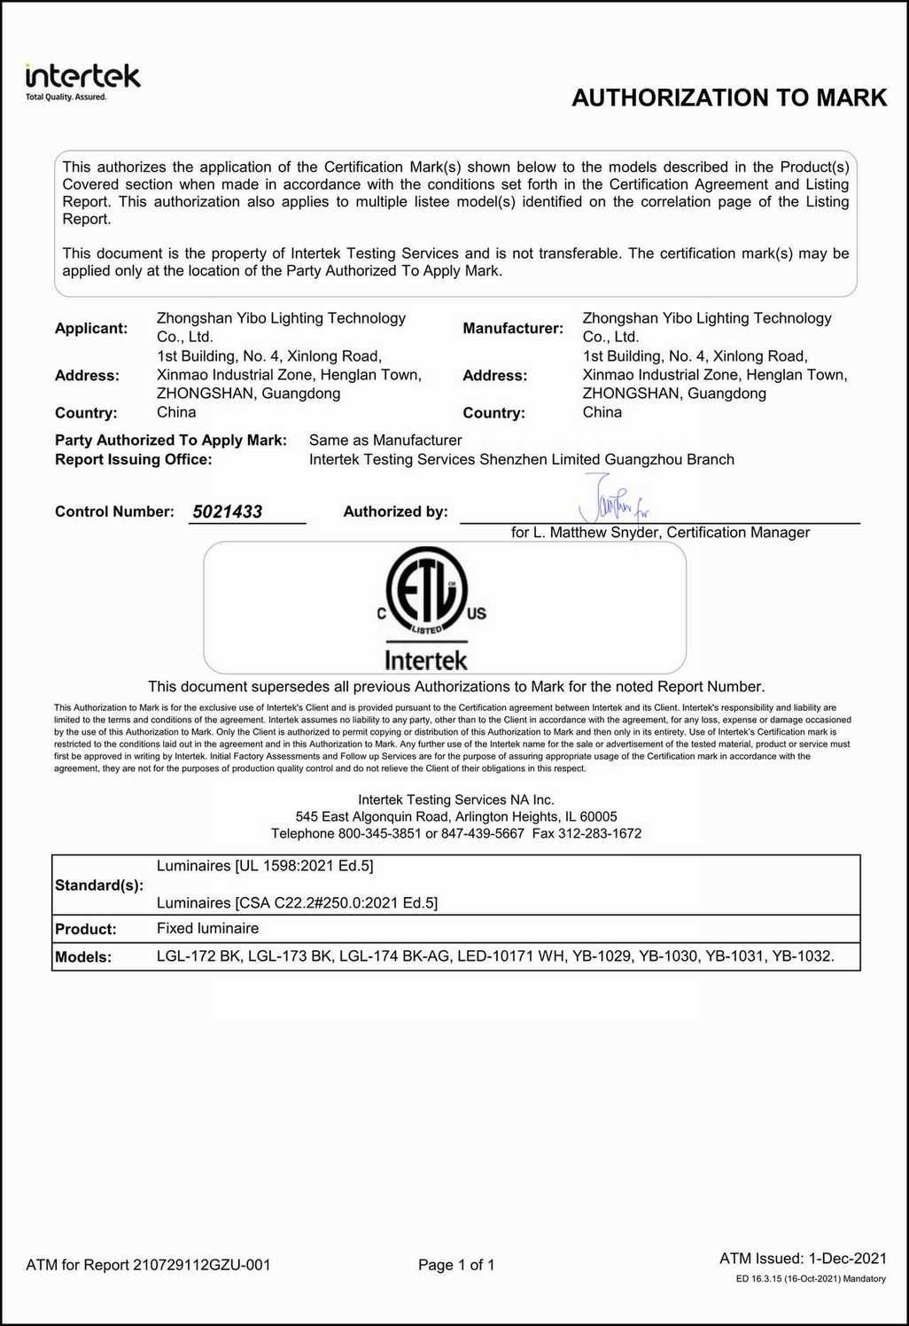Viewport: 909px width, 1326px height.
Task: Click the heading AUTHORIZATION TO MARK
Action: click(x=729, y=97)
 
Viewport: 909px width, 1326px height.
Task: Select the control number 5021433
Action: click(x=228, y=511)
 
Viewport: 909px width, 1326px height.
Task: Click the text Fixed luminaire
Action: click(x=208, y=928)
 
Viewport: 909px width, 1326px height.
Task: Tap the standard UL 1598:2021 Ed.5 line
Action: click(x=265, y=865)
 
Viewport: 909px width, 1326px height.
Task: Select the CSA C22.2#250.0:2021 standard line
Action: click(x=297, y=902)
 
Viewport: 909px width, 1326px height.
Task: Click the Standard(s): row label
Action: click(x=99, y=885)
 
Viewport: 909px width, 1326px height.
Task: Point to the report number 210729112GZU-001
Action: click(x=202, y=1265)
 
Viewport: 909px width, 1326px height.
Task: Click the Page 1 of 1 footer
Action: click(x=456, y=1265)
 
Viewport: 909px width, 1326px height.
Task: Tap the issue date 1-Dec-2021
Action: click(x=847, y=1258)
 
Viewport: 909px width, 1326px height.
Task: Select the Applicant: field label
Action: click(x=91, y=328)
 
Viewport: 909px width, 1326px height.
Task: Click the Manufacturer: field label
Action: click(x=513, y=328)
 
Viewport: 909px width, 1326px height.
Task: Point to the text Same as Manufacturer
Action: click(x=385, y=440)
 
